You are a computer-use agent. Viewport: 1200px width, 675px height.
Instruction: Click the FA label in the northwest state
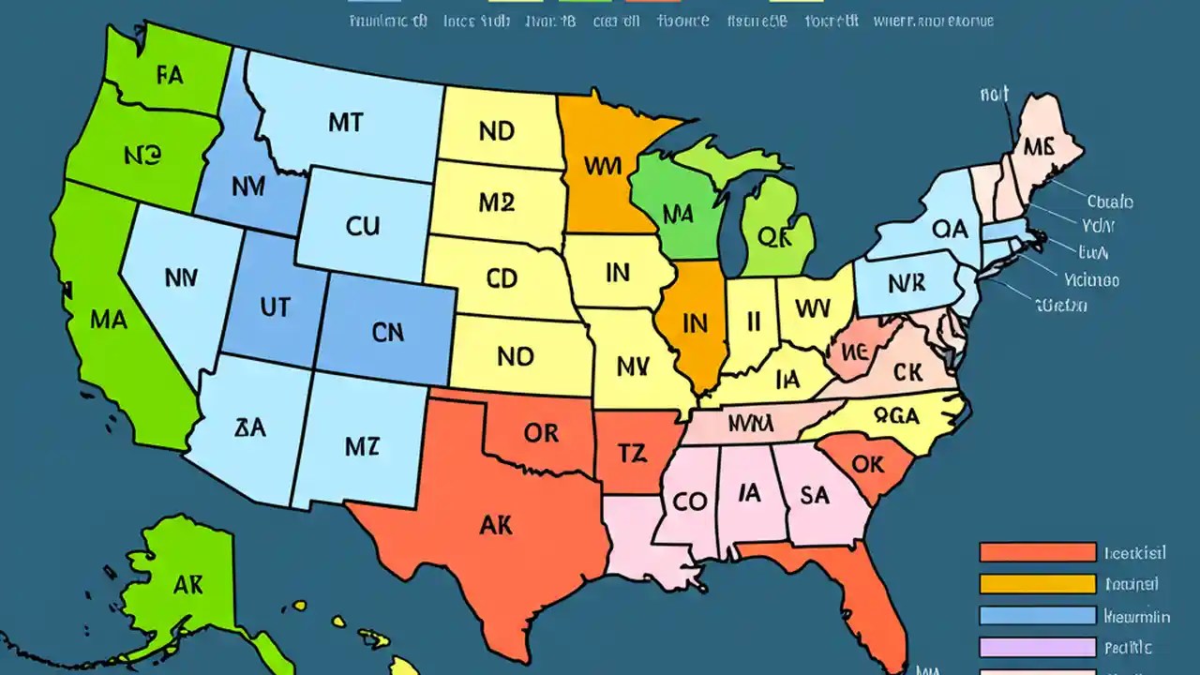pyautogui.click(x=170, y=76)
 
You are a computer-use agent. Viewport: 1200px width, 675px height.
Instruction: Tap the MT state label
pyautogui.click(x=345, y=122)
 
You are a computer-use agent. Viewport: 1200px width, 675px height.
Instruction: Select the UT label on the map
pyautogui.click(x=274, y=307)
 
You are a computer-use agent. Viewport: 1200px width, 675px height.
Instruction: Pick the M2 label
pyautogui.click(x=496, y=202)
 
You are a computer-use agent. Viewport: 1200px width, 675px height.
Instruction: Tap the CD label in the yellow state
pyautogui.click(x=502, y=278)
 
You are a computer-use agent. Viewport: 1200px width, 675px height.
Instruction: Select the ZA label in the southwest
pyautogui.click(x=250, y=427)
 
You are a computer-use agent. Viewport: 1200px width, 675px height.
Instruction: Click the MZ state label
pyautogui.click(x=362, y=446)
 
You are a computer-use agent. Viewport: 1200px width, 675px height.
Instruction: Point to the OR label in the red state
pyautogui.click(x=541, y=433)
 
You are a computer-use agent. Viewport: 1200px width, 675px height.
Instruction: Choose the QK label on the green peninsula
pyautogui.click(x=774, y=237)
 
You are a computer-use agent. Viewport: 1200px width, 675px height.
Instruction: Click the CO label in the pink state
pyautogui.click(x=689, y=502)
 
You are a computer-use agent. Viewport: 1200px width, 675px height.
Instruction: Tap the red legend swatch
pyautogui.click(x=1037, y=552)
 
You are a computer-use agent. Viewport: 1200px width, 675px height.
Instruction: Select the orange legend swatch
pyautogui.click(x=1037, y=584)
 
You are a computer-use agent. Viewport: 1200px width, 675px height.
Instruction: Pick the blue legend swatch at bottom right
pyautogui.click(x=1037, y=616)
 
